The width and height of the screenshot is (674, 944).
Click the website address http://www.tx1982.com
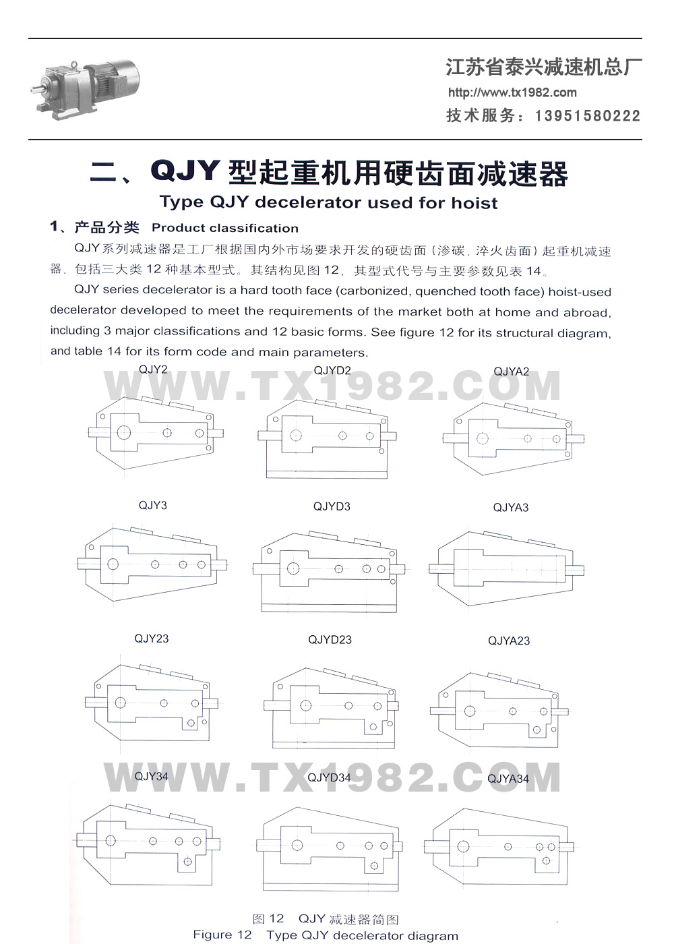[x=512, y=92]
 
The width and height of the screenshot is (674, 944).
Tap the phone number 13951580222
[x=588, y=115]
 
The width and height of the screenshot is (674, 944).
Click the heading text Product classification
[x=225, y=228]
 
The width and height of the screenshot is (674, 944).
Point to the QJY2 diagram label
[x=153, y=370]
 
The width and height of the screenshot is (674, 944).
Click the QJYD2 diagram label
[x=332, y=370]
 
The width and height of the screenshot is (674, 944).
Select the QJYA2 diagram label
[x=512, y=372]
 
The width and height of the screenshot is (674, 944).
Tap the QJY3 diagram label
[x=152, y=505]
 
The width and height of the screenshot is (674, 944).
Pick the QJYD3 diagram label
[x=332, y=506]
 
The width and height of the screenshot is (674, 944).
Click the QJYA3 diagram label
[x=511, y=507]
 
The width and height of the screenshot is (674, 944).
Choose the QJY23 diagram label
[x=151, y=639]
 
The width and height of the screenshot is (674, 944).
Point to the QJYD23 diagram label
[x=330, y=640]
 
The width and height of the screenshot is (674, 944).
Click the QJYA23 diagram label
[x=509, y=641]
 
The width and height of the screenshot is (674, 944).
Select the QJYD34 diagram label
[x=329, y=777]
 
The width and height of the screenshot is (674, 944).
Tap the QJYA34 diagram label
[x=508, y=779]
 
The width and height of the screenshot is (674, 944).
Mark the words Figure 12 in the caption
[x=222, y=935]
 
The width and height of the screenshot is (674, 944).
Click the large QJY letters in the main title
[x=185, y=171]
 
